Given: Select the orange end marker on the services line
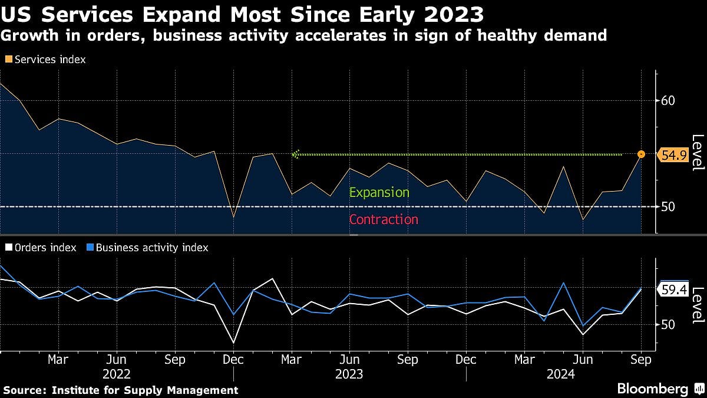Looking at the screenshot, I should (641, 154).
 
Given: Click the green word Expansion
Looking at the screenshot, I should (379, 193).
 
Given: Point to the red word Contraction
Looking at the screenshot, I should (384, 220).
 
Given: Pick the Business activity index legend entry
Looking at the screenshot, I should (147, 248).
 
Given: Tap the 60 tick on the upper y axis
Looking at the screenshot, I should (667, 101).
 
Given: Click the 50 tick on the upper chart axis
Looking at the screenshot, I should (667, 207).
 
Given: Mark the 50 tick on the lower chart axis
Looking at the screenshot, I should (667, 324).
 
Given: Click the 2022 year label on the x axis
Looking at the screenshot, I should (116, 374).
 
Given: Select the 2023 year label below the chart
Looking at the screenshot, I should (349, 374).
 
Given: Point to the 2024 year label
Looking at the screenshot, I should (559, 374).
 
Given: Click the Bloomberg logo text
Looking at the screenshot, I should (652, 389).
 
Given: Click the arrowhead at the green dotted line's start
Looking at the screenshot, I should (296, 154).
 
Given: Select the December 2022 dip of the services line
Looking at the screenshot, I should (233, 218).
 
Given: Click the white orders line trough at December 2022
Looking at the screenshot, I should (233, 343).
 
